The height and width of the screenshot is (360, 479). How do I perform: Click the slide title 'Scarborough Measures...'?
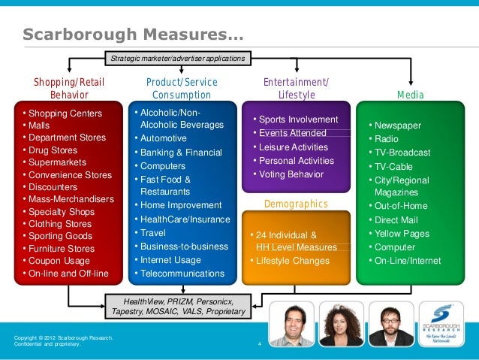pyautogui.click(x=133, y=35)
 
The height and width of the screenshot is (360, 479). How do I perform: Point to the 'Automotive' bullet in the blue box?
pyautogui.click(x=164, y=138)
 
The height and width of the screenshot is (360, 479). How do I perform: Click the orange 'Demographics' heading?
pyautogui.click(x=297, y=204)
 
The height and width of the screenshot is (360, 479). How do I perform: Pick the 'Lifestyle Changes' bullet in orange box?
pyautogui.click(x=292, y=261)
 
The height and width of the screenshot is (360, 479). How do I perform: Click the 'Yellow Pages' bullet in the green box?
pyautogui.click(x=402, y=234)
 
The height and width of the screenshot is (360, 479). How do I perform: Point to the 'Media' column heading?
pyautogui.click(x=411, y=95)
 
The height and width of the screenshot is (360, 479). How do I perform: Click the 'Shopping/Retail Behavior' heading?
pyautogui.click(x=69, y=89)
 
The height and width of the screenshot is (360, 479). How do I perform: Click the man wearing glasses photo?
pyautogui.click(x=388, y=323)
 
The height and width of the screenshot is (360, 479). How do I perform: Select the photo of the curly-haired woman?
pyautogui.click(x=340, y=323)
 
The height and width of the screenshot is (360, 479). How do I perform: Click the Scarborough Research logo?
pyautogui.click(x=443, y=323)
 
